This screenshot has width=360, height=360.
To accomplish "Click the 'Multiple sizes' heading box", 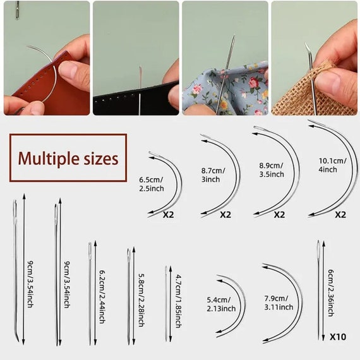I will click(x=67, y=158).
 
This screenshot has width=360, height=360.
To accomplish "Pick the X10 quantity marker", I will click(x=338, y=337).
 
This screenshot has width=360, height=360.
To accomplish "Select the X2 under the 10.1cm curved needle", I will click(x=340, y=214).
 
